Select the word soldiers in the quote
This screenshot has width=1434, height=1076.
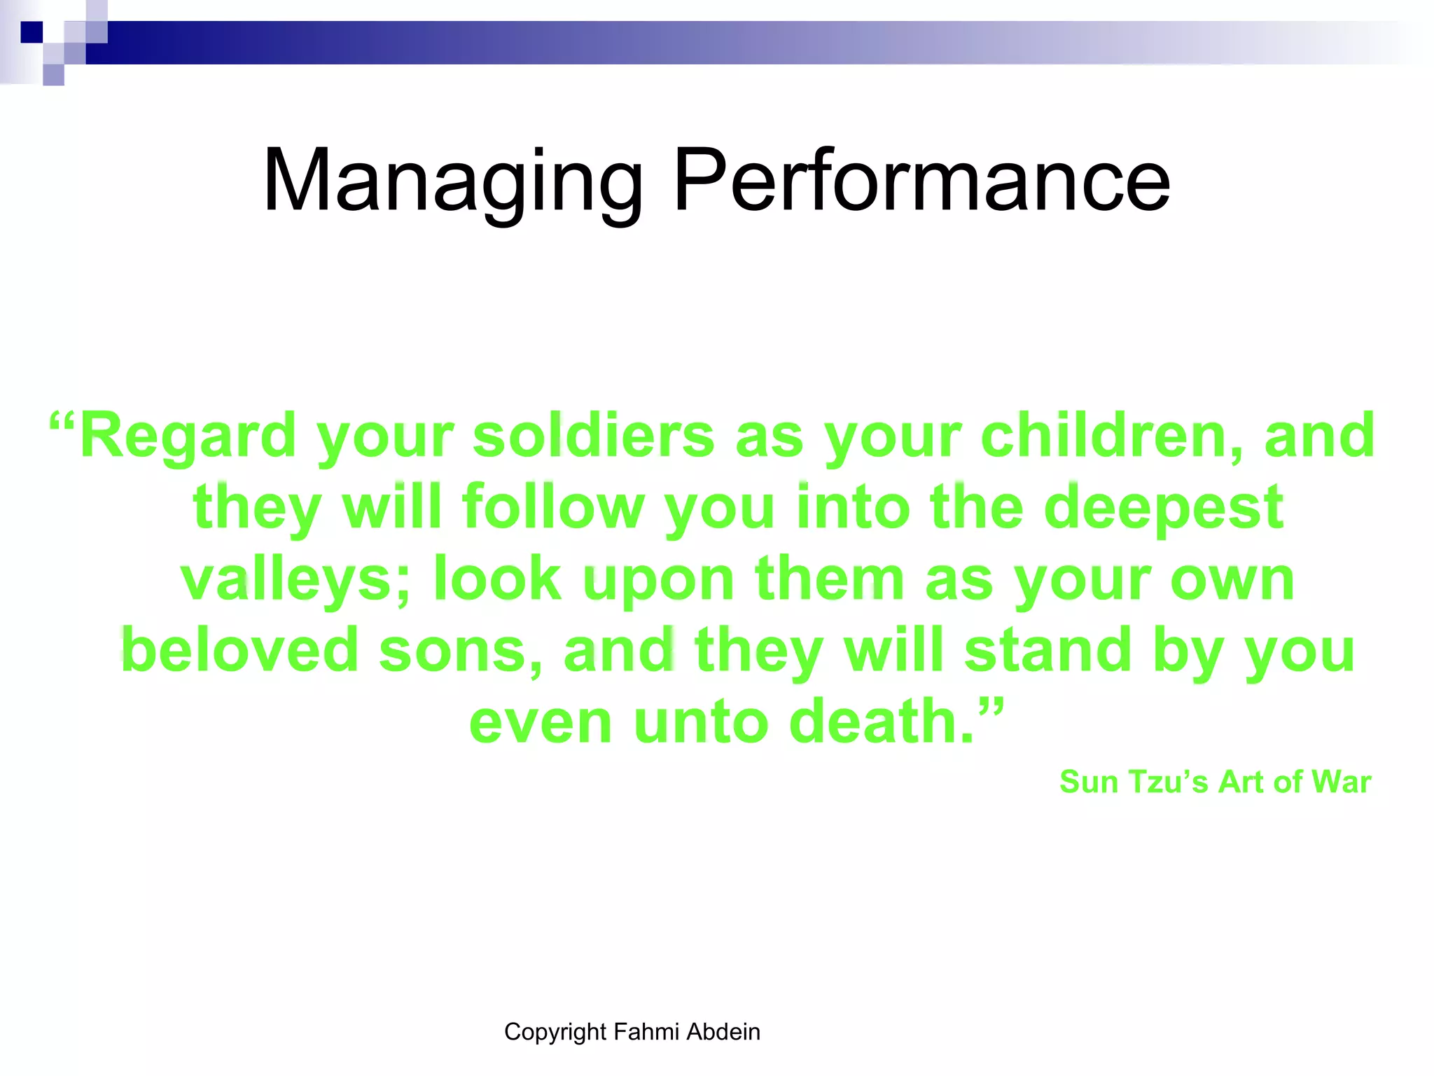click(593, 436)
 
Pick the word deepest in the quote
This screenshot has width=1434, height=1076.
click(1163, 509)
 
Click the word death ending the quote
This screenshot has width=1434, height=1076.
click(881, 722)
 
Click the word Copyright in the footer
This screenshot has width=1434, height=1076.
click(555, 1033)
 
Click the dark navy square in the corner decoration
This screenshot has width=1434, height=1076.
click(32, 32)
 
